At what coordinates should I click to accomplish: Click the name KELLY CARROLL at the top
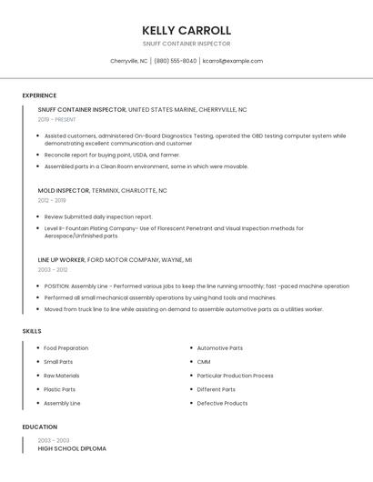tap(186, 30)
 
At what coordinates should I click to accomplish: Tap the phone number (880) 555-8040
tap(176, 61)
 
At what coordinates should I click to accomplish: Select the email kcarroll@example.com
tap(233, 61)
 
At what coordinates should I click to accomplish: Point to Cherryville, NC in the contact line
tap(128, 61)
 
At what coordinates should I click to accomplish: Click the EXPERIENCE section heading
tap(39, 95)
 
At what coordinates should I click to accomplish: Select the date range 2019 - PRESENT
tap(56, 119)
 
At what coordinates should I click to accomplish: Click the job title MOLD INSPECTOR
tap(64, 191)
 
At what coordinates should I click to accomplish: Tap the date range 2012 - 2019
tap(52, 200)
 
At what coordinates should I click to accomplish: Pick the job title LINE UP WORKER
tap(61, 259)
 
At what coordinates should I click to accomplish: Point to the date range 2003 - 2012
tap(52, 269)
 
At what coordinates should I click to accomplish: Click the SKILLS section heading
tap(32, 331)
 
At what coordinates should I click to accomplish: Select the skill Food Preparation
tap(66, 348)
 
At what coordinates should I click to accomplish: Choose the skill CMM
tap(204, 362)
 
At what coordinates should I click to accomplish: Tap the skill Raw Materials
tap(61, 376)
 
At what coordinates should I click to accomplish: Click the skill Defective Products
tap(222, 403)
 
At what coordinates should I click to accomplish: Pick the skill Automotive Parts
tap(219, 348)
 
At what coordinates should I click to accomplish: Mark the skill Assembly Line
tap(62, 403)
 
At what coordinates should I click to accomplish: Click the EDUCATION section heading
tap(39, 427)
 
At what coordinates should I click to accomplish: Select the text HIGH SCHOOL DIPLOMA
tap(72, 448)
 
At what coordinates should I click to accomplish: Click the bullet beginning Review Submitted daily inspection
tap(98, 217)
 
